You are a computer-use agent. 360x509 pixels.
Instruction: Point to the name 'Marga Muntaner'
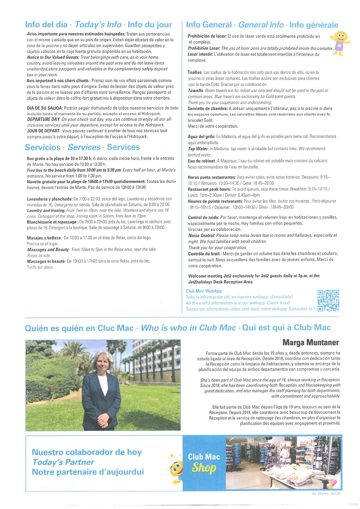coord(310,342)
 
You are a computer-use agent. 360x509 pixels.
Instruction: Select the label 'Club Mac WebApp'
coord(204,291)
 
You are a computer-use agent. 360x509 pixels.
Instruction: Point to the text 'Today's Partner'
coord(63,462)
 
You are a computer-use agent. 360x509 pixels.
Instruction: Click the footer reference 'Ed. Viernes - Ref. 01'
coord(326,494)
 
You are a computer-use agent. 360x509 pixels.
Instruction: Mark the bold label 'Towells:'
coord(196,91)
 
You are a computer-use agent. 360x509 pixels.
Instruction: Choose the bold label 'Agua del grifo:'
coord(201,137)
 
